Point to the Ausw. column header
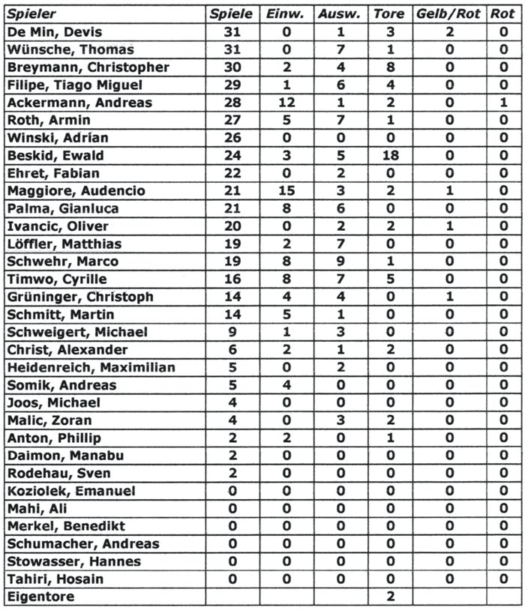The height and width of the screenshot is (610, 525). pos(340,14)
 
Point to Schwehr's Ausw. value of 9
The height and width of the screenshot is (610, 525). pos(340,262)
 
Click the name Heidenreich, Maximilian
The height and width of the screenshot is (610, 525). pos(90,367)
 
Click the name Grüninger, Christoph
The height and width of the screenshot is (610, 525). pos(79,297)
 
